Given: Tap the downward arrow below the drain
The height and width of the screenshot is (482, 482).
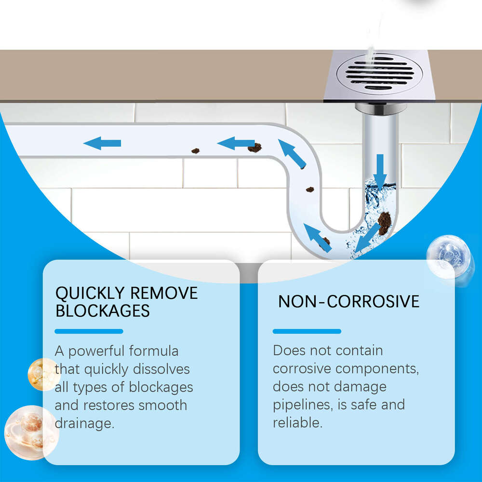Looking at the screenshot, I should (x=380, y=171).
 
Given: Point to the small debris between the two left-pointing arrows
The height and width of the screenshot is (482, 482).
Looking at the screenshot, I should (x=195, y=151).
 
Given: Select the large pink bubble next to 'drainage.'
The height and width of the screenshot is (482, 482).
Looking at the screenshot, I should (x=30, y=430).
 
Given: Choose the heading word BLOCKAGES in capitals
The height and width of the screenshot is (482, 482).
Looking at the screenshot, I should (x=103, y=311).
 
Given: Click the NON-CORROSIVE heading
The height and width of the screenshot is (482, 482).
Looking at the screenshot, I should (x=349, y=302).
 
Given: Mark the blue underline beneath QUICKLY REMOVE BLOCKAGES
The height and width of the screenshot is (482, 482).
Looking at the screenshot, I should (x=89, y=331).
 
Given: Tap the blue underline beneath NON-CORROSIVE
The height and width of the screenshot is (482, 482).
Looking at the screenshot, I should (x=307, y=331).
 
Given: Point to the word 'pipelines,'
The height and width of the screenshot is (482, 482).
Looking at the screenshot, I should (x=302, y=405).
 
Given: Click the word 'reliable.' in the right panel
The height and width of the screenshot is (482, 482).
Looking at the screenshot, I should (x=297, y=423).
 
